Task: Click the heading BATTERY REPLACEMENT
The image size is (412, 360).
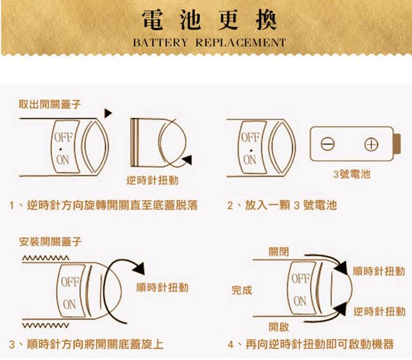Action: pyautogui.click(x=209, y=42)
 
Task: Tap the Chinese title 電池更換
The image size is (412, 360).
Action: pyautogui.click(x=209, y=20)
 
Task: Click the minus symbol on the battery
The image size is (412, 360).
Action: pyautogui.click(x=328, y=145)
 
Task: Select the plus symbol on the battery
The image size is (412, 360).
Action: pyautogui.click(x=371, y=145)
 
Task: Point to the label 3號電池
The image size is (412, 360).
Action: pyautogui.click(x=352, y=174)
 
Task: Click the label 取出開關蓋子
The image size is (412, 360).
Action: pyautogui.click(x=49, y=105)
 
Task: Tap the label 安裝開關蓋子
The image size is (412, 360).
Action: pyautogui.click(x=50, y=241)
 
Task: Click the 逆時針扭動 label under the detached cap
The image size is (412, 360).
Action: pyautogui.click(x=152, y=180)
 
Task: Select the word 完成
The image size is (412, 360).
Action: pyautogui.click(x=241, y=290)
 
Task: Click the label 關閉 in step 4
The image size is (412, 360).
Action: pyautogui.click(x=278, y=252)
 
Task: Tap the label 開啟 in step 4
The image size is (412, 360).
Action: pyautogui.click(x=278, y=327)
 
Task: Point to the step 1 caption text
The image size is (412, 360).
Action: pyautogui.click(x=103, y=205)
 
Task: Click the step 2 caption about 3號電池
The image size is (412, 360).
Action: pyautogui.click(x=282, y=205)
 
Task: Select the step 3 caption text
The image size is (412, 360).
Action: pyautogui.click(x=86, y=344)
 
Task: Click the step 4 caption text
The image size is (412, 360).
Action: pyautogui.click(x=311, y=344)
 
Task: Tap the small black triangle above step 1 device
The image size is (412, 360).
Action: pyautogui.click(x=108, y=113)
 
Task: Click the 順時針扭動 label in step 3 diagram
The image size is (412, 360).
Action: pyautogui.click(x=162, y=287)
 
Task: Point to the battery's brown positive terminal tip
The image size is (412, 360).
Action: pyautogui.click(x=397, y=144)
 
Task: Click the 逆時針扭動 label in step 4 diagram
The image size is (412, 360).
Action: pyautogui.click(x=379, y=311)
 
